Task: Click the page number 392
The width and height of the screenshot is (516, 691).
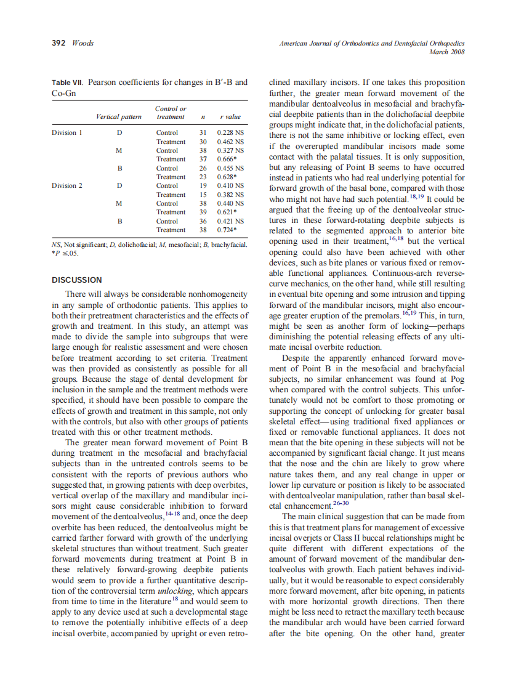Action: [59, 43]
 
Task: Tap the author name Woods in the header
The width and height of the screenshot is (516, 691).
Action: [83, 43]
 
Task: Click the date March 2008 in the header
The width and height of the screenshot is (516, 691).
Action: [448, 52]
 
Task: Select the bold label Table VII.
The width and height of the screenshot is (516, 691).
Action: [68, 82]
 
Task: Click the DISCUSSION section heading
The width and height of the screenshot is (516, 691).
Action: [77, 280]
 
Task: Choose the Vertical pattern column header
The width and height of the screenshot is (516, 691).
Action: [119, 116]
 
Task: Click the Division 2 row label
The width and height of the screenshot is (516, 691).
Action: [67, 185]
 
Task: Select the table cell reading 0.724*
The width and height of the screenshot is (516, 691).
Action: [228, 230]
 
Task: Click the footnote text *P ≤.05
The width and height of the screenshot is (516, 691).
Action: [66, 253]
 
